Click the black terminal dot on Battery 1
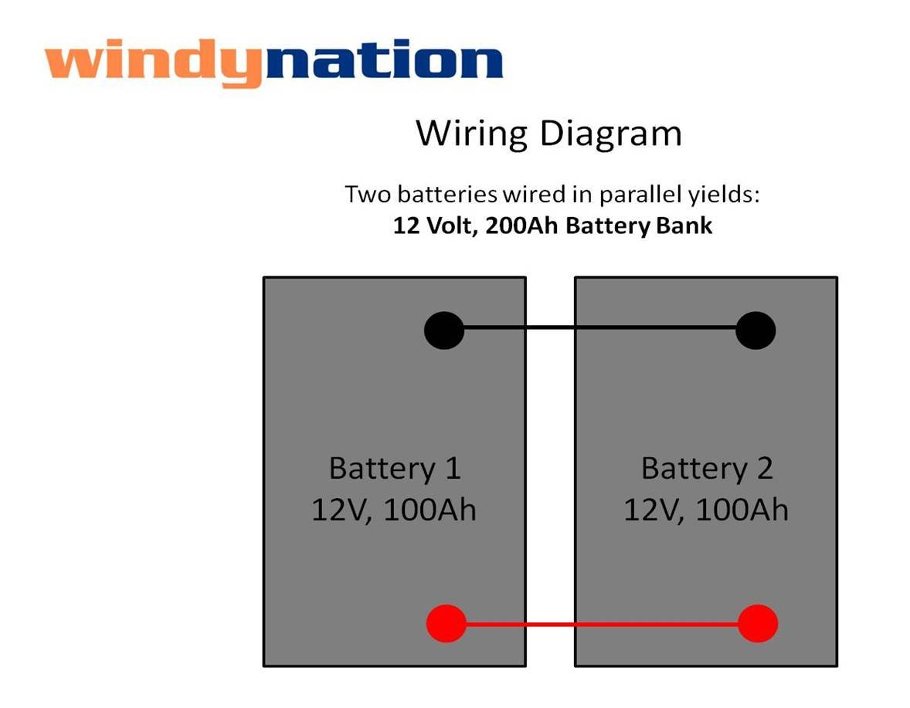pos(444,330)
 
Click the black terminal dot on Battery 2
pos(756,330)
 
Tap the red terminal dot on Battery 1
pos(446,623)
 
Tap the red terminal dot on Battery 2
pos(758,623)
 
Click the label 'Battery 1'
pos(394,469)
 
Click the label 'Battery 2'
pos(707,469)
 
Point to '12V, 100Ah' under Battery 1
pos(394,510)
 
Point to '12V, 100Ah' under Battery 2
pos(706,510)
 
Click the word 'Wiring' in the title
pos(471,134)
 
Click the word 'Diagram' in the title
pos(610,134)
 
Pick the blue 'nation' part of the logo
pos(382,62)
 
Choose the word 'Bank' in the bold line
pos(687,227)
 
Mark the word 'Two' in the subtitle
pos(363,194)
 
